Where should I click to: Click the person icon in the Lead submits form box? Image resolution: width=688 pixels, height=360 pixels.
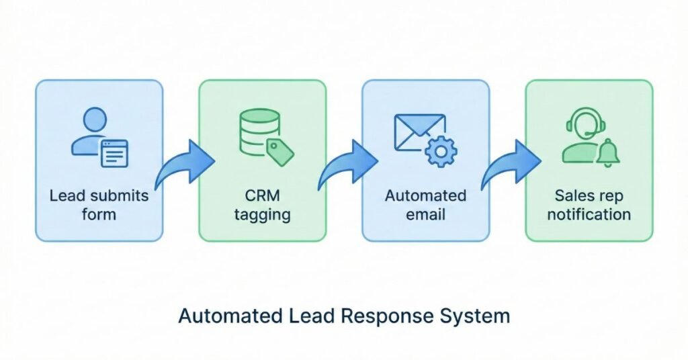pos(91,131)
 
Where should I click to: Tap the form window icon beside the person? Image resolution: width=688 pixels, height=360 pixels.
pos(114,154)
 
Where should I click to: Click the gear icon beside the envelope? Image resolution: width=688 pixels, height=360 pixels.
pos(441,152)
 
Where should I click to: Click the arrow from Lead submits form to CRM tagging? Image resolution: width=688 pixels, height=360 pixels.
pos(183,165)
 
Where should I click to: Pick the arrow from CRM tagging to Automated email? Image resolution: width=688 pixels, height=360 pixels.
pos(346,165)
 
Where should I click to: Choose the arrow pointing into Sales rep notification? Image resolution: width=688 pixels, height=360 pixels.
pos(509,165)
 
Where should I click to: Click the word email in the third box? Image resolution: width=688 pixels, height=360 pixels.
pos(425,215)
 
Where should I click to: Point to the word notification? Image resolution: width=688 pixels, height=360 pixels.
pos(589,215)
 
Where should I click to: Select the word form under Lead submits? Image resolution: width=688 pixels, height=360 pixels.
pos(99,215)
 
